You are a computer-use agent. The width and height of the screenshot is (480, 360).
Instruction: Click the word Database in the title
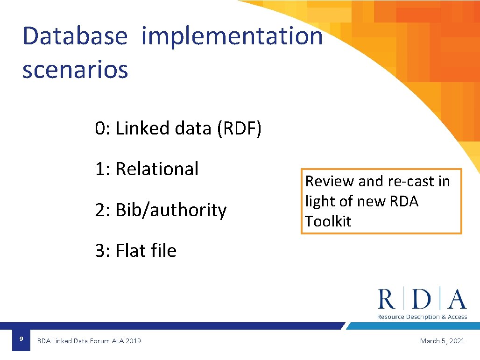75,36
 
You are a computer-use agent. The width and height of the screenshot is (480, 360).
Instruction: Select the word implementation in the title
232,36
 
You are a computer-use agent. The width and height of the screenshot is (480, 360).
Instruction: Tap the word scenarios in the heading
75,70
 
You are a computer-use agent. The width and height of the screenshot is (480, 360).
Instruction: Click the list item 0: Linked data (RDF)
178,128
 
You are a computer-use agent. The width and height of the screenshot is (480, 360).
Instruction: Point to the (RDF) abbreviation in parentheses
239,128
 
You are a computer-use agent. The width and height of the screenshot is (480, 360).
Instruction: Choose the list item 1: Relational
147,169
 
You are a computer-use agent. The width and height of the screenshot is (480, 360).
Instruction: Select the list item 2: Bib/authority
161,210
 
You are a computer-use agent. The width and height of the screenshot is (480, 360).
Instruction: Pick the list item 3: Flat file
135,251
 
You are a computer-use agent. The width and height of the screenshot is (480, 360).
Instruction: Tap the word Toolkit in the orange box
328,221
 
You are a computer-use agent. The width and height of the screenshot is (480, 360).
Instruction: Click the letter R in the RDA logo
387,299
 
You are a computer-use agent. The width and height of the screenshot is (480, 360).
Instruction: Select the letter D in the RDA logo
422,299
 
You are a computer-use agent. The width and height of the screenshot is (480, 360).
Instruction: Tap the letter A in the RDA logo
456,299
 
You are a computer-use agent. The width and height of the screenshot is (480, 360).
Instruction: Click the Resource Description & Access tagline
422,317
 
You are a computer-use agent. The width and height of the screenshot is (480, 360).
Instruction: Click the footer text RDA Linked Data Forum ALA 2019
89,341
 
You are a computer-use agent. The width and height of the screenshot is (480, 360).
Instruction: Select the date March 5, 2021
442,341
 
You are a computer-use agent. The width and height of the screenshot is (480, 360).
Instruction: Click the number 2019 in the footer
133,341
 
